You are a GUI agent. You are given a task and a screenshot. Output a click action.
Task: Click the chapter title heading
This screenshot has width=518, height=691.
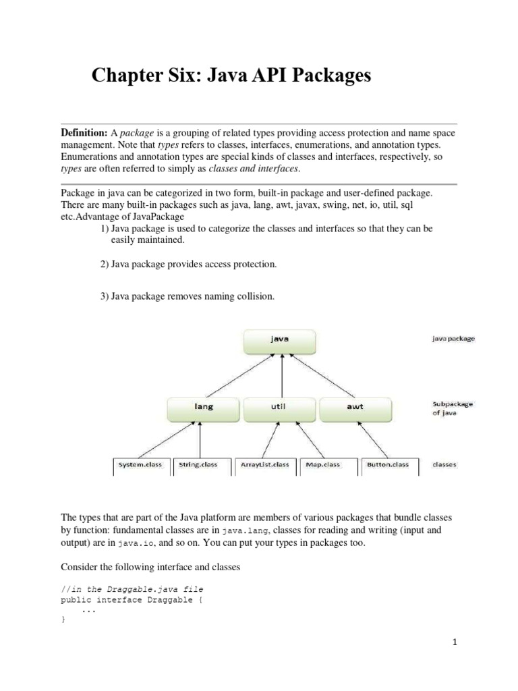(231, 77)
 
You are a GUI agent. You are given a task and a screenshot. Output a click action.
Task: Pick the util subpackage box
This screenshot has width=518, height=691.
(279, 407)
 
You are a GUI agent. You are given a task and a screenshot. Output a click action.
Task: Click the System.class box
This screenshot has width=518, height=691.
(140, 465)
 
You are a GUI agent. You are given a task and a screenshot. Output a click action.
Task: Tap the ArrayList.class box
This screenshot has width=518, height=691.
(264, 465)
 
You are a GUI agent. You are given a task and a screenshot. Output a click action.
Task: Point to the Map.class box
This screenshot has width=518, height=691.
(323, 465)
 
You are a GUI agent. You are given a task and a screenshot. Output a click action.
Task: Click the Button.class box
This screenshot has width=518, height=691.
(387, 465)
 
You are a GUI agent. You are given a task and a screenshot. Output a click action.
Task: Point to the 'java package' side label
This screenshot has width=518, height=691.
(454, 339)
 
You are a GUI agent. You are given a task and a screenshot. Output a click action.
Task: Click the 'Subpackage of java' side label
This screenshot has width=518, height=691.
(453, 408)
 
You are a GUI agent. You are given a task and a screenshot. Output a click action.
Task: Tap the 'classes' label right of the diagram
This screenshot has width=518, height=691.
(445, 465)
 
